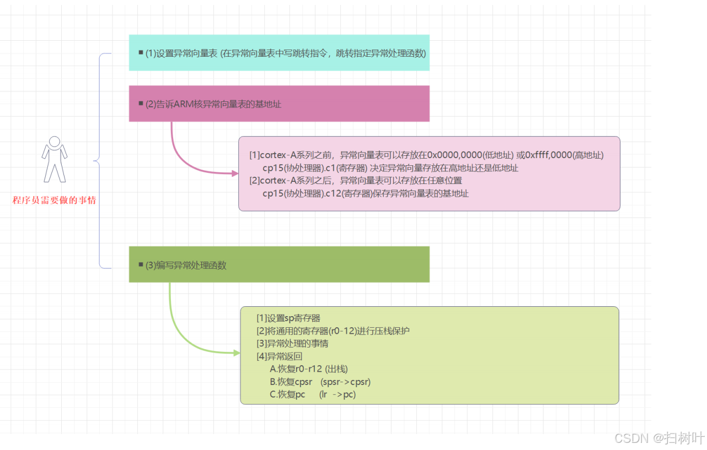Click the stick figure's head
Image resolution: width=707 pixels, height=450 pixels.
54,142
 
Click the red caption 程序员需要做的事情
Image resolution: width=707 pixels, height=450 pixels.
54,200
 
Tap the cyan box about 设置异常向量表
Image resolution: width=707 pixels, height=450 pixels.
279,53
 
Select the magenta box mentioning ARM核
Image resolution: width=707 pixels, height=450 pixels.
279,104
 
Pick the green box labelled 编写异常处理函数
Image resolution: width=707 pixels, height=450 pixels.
279,264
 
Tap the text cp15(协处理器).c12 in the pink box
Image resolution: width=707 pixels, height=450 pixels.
301,193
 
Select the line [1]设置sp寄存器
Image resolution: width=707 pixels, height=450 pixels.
288,318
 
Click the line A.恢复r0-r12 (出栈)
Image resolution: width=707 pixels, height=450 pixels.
309,369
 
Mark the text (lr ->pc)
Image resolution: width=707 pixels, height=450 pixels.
338,394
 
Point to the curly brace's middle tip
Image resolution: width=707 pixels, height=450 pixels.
95,161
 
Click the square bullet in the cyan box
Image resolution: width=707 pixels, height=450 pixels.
141,52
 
